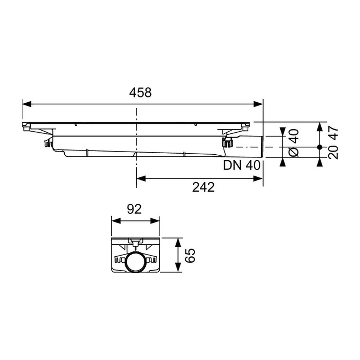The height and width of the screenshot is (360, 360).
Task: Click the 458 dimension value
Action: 140,93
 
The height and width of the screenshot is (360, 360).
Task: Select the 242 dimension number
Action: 204,187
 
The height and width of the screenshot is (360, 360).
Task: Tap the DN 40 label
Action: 242,165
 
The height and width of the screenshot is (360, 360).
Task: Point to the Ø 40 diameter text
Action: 294,143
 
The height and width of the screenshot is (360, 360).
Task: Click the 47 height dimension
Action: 333,133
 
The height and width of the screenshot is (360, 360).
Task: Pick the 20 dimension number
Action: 333,152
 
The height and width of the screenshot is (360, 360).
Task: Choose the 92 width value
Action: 134,210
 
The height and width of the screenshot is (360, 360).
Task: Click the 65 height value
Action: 190,255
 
